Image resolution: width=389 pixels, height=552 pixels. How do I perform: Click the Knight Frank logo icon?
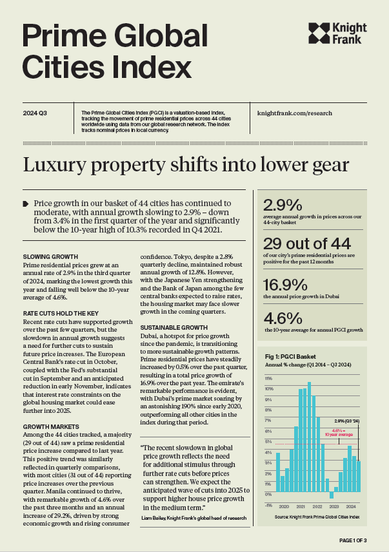point(319,33)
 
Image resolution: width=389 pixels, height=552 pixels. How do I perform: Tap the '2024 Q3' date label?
point(35,113)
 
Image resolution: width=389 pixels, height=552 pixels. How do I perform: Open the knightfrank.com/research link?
point(295,113)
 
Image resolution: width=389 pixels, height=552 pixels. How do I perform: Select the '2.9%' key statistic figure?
point(283,205)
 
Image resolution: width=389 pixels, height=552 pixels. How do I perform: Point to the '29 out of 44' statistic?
point(307,243)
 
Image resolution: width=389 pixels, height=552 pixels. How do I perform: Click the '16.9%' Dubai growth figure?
point(285,285)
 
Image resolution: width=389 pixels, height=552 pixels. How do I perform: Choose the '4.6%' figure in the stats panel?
point(283,318)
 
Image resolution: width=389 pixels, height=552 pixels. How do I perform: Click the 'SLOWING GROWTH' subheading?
point(50,257)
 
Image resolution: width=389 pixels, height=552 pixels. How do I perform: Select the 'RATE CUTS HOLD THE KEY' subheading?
point(61,313)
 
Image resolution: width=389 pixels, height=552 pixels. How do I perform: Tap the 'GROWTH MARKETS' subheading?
point(51,426)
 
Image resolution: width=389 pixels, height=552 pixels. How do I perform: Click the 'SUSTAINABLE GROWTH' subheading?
point(174,328)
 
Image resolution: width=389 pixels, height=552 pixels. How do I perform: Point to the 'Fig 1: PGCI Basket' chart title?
point(290,357)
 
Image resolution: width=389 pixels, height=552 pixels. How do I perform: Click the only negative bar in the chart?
point(332,495)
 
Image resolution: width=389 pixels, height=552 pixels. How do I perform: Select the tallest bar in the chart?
point(309,437)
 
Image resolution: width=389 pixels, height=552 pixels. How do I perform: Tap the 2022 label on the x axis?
point(317,506)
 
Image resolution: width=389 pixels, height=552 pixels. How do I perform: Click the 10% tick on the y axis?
point(269,389)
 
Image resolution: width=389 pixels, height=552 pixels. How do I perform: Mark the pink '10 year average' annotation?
point(339,432)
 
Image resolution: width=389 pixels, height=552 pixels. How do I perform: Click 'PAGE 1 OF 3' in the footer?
point(353,540)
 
